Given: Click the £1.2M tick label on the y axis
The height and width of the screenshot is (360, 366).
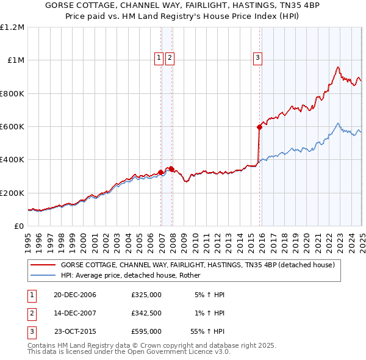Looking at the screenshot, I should (x=12, y=27).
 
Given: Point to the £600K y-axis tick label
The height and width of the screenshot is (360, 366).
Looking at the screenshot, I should (x=12, y=127).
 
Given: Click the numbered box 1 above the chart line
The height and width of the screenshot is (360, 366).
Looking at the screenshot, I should (x=159, y=58).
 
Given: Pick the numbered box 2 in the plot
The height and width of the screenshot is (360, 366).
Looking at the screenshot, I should (x=170, y=58).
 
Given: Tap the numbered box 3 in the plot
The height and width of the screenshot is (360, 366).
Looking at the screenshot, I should (x=258, y=58).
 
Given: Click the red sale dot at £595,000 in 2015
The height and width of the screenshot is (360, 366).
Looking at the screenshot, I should (x=259, y=128).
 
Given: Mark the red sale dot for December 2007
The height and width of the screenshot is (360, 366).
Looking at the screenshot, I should (x=172, y=169).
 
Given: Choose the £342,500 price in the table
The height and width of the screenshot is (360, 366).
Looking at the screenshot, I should (x=146, y=313).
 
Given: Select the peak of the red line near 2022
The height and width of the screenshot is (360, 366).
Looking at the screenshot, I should (x=338, y=67).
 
